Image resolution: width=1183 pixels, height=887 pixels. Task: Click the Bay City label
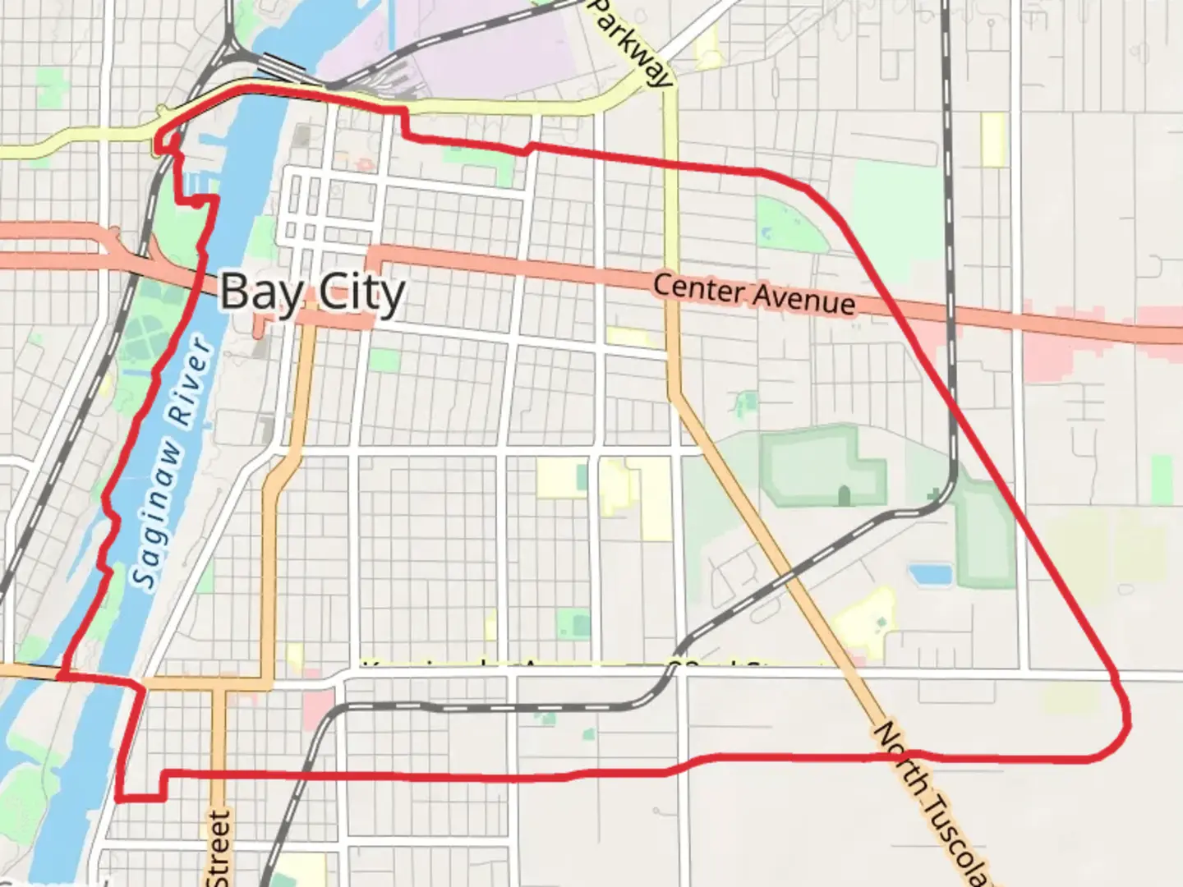(x=312, y=292)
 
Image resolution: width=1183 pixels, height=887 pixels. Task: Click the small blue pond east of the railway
(x=930, y=573)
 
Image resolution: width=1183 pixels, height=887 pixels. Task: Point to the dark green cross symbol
(x=933, y=495)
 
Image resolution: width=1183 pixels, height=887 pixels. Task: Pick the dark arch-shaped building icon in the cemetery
(x=844, y=495)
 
